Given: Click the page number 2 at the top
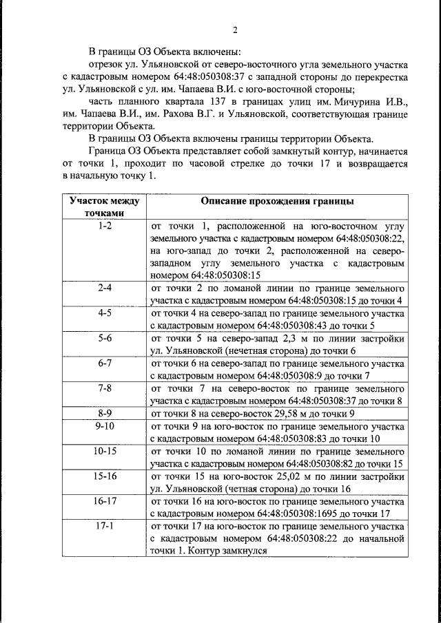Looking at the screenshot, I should [234, 30].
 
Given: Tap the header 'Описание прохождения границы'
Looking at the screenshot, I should [278, 202].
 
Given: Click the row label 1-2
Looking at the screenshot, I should [105, 226].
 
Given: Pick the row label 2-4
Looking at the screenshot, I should [105, 288].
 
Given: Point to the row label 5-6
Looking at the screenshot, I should [105, 338].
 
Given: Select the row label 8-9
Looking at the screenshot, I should [105, 413].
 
